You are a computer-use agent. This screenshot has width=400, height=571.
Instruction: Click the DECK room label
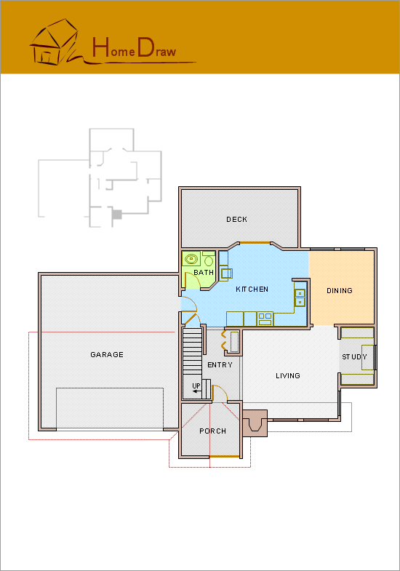click(x=236, y=219)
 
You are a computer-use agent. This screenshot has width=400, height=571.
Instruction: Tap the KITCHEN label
click(x=252, y=290)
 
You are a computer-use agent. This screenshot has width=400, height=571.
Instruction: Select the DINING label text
click(x=339, y=291)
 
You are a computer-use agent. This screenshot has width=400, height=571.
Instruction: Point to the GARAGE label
click(x=107, y=355)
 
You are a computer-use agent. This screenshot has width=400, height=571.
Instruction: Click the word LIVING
click(x=287, y=376)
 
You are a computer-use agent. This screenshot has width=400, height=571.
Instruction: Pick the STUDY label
click(x=354, y=357)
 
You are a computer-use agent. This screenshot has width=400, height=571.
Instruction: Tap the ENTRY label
click(x=220, y=365)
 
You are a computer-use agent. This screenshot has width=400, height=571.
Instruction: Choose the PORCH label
click(x=212, y=431)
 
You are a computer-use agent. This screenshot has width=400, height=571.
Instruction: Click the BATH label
click(x=204, y=272)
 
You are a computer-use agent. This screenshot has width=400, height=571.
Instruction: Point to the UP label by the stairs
click(x=196, y=386)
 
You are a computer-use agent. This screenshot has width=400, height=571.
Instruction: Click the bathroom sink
click(x=191, y=259)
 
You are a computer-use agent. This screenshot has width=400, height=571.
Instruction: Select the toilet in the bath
click(x=209, y=259)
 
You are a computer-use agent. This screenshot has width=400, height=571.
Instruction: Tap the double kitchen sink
click(x=300, y=298)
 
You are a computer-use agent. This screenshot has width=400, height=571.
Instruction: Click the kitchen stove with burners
click(x=265, y=319)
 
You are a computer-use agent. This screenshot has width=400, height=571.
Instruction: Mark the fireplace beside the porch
click(x=255, y=423)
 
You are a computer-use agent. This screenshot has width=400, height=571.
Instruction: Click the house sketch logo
click(x=55, y=42)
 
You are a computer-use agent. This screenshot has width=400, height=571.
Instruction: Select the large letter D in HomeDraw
click(x=145, y=47)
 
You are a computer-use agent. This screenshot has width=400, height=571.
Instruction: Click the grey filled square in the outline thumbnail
click(x=116, y=215)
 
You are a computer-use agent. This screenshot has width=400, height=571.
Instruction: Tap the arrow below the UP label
click(x=196, y=391)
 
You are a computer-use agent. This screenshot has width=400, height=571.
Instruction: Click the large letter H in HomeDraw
click(x=100, y=47)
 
